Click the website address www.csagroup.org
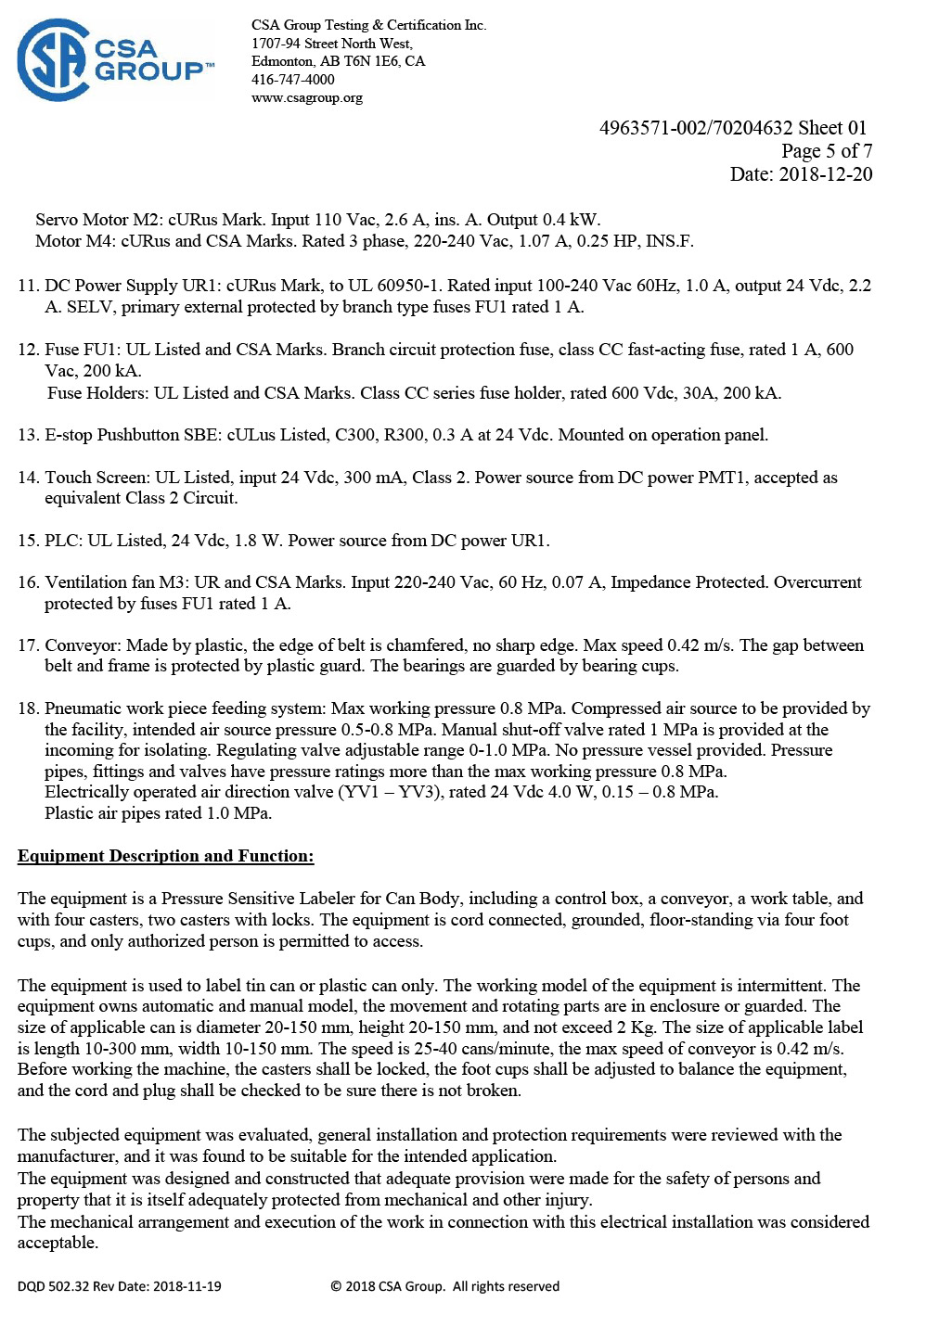click(x=307, y=97)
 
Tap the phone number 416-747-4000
click(x=293, y=80)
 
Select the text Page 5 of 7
click(x=826, y=151)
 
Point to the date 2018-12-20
click(x=825, y=174)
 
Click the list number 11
click(x=28, y=286)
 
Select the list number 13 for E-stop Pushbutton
click(x=28, y=435)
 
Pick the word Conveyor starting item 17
click(x=83, y=645)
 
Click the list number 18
click(x=28, y=708)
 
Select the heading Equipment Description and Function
click(x=165, y=856)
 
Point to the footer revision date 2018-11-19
click(x=186, y=1286)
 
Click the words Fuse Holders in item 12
click(x=97, y=393)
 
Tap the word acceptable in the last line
click(x=58, y=1244)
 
